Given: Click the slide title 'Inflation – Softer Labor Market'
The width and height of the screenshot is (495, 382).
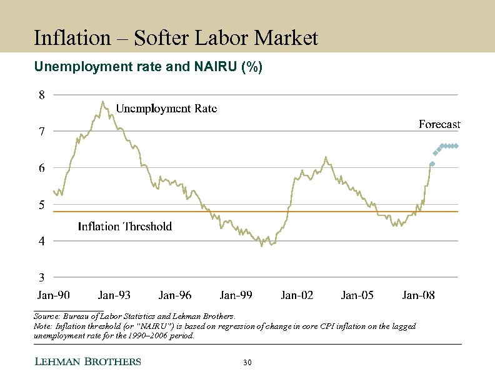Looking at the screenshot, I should [x=176, y=38].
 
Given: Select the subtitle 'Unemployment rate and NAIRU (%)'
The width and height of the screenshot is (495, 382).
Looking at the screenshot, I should [x=147, y=67].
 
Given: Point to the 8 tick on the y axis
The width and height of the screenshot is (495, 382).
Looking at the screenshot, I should [x=41, y=95].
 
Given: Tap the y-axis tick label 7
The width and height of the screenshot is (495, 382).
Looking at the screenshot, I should [x=41, y=132].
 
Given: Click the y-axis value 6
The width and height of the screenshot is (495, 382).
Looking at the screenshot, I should [x=41, y=168].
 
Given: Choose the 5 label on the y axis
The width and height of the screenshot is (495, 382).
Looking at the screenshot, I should [x=41, y=205].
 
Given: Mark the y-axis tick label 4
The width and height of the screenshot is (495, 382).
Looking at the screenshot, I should [x=41, y=241].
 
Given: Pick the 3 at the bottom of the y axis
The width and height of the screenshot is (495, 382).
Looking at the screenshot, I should [x=41, y=277].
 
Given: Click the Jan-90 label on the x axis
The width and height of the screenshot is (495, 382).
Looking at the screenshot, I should [x=54, y=295].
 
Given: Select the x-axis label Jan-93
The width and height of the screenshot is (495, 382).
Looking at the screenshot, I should [x=114, y=295].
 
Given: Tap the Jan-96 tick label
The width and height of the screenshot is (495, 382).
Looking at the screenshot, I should [x=175, y=295].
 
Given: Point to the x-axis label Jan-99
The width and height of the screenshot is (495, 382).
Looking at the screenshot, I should [x=236, y=295].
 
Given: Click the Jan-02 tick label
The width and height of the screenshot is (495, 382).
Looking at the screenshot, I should [x=297, y=295].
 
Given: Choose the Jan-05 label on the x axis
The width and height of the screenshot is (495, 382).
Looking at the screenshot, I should [x=357, y=295].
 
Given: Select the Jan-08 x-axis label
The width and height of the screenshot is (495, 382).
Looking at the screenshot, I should [x=418, y=295].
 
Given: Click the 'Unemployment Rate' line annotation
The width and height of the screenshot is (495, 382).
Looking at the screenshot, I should [x=166, y=109].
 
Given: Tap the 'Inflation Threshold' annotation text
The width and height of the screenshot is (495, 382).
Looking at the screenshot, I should [x=124, y=227].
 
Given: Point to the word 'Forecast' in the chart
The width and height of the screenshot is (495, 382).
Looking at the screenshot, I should [x=439, y=125].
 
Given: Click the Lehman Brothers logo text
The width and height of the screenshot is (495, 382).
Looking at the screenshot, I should [x=87, y=362].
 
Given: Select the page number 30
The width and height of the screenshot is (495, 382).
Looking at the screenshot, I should [x=247, y=363].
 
